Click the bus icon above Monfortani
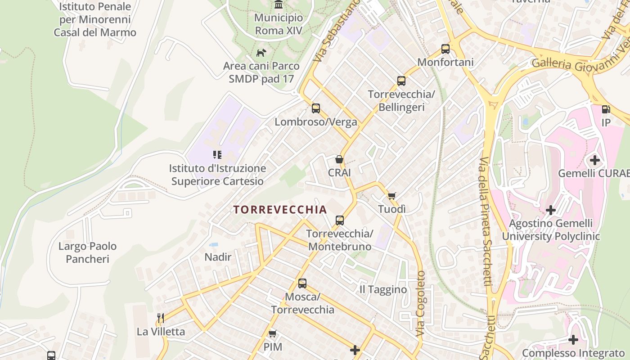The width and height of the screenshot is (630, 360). click(445, 49)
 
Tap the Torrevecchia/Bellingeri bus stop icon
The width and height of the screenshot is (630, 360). click(401, 81)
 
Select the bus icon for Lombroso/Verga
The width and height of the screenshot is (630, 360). click(316, 108)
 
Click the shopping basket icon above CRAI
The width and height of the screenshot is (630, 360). click(339, 159)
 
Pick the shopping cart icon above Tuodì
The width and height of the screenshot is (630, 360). click(391, 196)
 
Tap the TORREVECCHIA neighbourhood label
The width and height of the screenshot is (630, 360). click(280, 210)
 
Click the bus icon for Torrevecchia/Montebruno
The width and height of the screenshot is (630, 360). click(340, 220)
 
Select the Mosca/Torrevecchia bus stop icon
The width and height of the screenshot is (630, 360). click(302, 283)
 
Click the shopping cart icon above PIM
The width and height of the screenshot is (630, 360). click(272, 333)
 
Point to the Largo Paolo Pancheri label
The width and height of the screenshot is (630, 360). click(87, 252)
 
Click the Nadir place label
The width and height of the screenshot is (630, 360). click(218, 257)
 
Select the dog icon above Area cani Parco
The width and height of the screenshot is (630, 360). click(261, 53)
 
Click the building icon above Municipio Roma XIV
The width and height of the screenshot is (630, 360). click(279, 5)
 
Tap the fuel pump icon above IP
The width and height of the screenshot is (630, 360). click(606, 109)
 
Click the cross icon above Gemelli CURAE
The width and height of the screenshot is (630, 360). click(595, 160)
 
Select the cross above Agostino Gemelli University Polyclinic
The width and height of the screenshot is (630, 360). click(551, 210)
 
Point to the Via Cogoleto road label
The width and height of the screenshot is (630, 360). click(421, 304)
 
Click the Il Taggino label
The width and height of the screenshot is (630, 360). click(383, 289)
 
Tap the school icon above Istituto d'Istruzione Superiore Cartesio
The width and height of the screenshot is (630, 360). click(217, 155)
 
